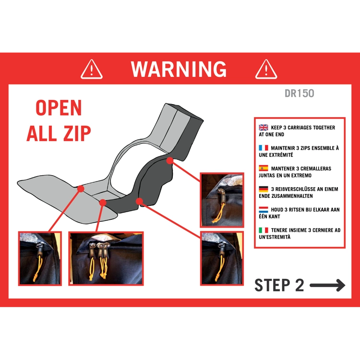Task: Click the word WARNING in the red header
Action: [x=179, y=69]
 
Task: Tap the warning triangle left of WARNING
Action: [x=92, y=69]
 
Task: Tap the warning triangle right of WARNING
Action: [x=266, y=69]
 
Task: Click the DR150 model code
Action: [x=300, y=93]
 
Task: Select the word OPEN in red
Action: [x=59, y=108]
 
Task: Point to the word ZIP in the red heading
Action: [x=77, y=133]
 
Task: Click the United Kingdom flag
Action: [x=264, y=127]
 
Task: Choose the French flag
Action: [x=264, y=148]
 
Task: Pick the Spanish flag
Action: [x=264, y=168]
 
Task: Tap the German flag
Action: [x=264, y=189]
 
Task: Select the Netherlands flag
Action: [x=264, y=209]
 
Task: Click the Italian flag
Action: [x=264, y=230]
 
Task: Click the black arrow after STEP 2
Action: [x=327, y=286]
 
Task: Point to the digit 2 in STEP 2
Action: [x=299, y=285]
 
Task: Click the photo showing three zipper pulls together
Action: [x=106, y=259]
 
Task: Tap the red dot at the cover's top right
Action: [x=169, y=160]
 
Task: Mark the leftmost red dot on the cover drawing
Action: [x=81, y=189]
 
